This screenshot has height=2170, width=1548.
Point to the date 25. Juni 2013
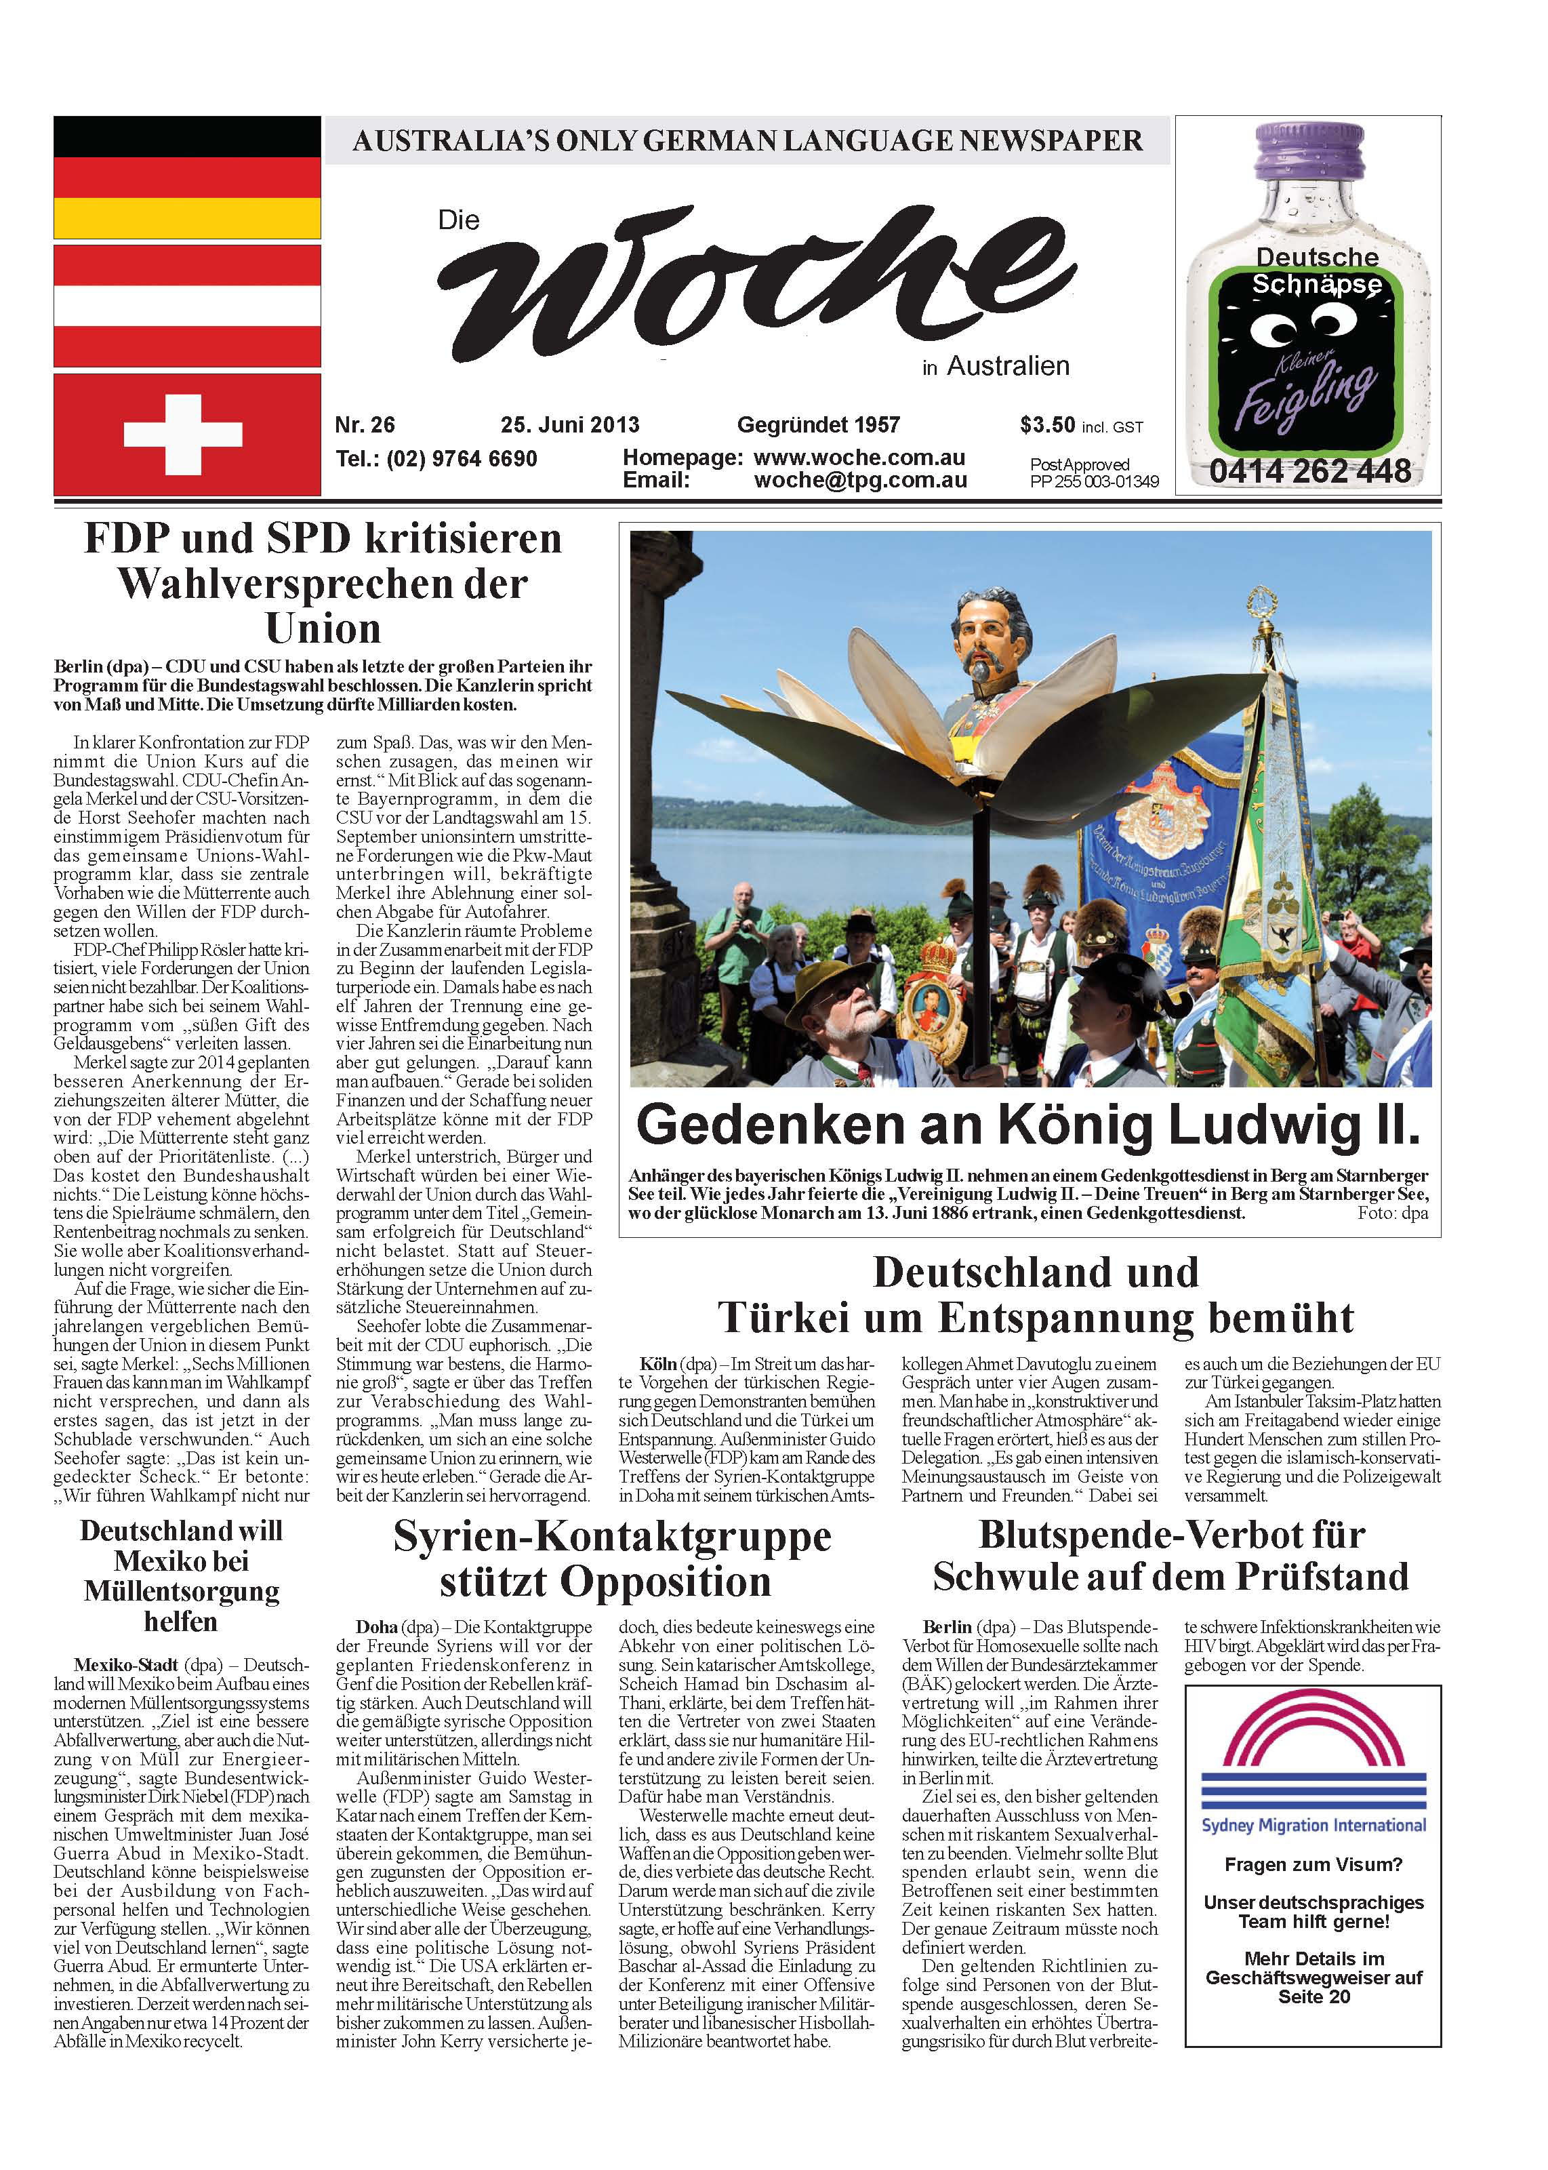pos(569,425)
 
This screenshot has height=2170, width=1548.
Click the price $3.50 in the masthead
pos(1046,425)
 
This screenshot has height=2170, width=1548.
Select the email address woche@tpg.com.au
pos(860,481)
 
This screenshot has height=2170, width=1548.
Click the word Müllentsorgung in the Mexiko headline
pos(181,1591)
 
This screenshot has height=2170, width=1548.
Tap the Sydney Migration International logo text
pos(1313,1826)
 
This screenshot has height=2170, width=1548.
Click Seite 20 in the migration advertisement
pos(1313,1997)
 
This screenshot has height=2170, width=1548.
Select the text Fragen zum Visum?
pos(1313,1865)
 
